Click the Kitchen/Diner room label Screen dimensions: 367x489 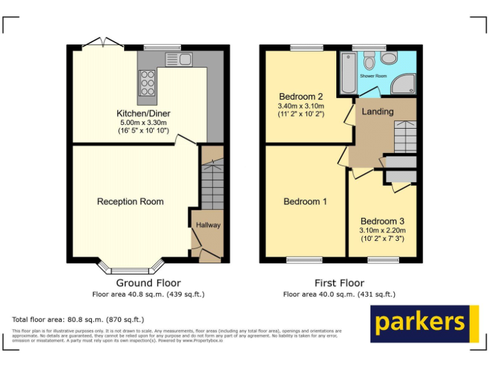point(143,113)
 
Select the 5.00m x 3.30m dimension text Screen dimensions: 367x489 point(143,122)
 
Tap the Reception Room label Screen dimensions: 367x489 point(130,201)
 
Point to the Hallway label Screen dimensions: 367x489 point(208,225)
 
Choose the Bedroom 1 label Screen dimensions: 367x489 point(305,201)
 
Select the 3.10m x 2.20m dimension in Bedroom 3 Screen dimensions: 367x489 point(382,230)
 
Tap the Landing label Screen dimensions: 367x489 point(378,112)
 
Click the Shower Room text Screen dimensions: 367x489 point(373,76)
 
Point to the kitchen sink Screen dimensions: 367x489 point(179,60)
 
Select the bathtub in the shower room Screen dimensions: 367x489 point(347,71)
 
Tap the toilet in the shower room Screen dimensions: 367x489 point(369,61)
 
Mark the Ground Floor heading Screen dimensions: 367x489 point(148,283)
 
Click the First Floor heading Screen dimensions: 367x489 point(339,283)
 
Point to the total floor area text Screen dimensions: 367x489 point(78,319)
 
